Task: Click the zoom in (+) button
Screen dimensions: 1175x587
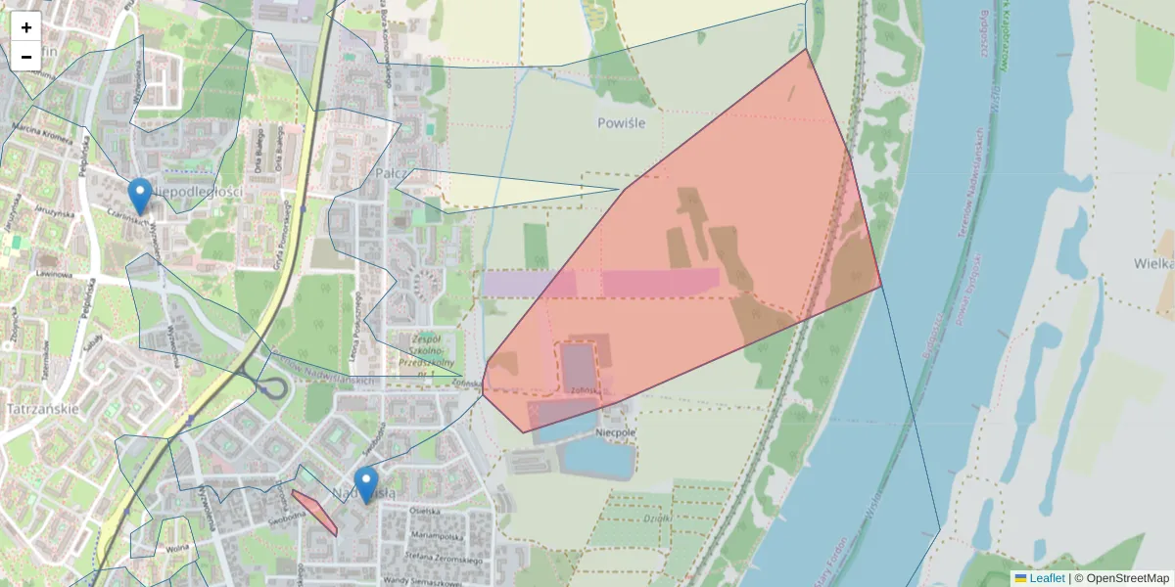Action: pos(26,27)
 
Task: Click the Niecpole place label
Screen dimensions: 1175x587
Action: pos(616,431)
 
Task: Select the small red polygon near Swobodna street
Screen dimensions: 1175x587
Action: pos(315,512)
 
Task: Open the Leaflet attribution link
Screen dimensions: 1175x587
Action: pos(1046,578)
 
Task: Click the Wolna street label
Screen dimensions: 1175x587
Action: pos(177,549)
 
